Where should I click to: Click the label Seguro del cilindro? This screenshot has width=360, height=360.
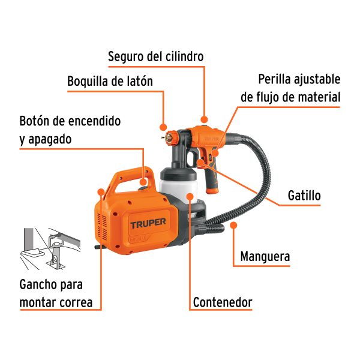click(155, 56)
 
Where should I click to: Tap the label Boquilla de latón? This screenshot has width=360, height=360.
click(110, 81)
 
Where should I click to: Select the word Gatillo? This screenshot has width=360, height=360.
click(304, 196)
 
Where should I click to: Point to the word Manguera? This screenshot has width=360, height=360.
click(265, 257)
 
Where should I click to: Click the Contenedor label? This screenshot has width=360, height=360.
click(222, 302)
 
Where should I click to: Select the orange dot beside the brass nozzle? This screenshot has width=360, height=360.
click(163, 127)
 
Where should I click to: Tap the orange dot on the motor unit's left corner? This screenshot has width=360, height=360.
click(100, 193)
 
